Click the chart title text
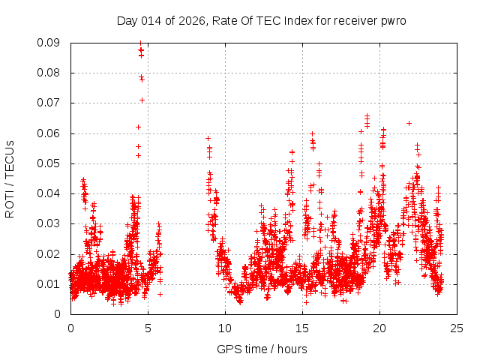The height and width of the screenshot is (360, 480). coord(261,20)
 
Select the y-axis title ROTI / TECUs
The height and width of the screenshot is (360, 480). coord(10,178)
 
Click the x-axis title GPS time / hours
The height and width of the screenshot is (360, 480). coord(262,349)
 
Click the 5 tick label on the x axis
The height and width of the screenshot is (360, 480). coord(148,328)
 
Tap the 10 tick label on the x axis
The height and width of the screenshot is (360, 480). coord(225,328)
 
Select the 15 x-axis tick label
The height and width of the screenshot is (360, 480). coord(302,328)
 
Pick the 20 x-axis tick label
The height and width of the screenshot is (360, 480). coord(379,328)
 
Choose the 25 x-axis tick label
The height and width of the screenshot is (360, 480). coord(457,328)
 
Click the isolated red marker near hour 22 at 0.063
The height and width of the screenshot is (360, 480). coord(409,123)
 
